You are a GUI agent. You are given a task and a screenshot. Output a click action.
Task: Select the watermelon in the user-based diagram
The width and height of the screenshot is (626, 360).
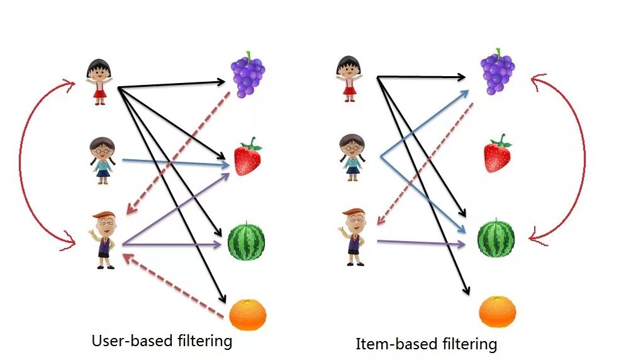[x=246, y=240]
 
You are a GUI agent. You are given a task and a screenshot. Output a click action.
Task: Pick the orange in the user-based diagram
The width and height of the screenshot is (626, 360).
[x=247, y=315]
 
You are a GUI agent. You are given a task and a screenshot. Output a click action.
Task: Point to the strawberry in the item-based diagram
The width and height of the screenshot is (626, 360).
[x=497, y=154]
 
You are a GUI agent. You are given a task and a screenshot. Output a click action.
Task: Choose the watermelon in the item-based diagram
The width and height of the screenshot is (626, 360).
[x=496, y=239]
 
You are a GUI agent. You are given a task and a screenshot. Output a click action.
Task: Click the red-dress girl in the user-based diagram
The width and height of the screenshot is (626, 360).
[x=99, y=81]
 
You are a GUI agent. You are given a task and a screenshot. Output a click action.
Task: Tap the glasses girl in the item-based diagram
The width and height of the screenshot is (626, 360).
[x=352, y=157]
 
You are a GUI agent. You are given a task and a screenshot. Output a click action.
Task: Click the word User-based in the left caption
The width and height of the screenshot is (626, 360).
[x=130, y=341]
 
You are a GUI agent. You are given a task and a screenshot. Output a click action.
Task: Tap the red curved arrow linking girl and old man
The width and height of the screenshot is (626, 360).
[x=21, y=164]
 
